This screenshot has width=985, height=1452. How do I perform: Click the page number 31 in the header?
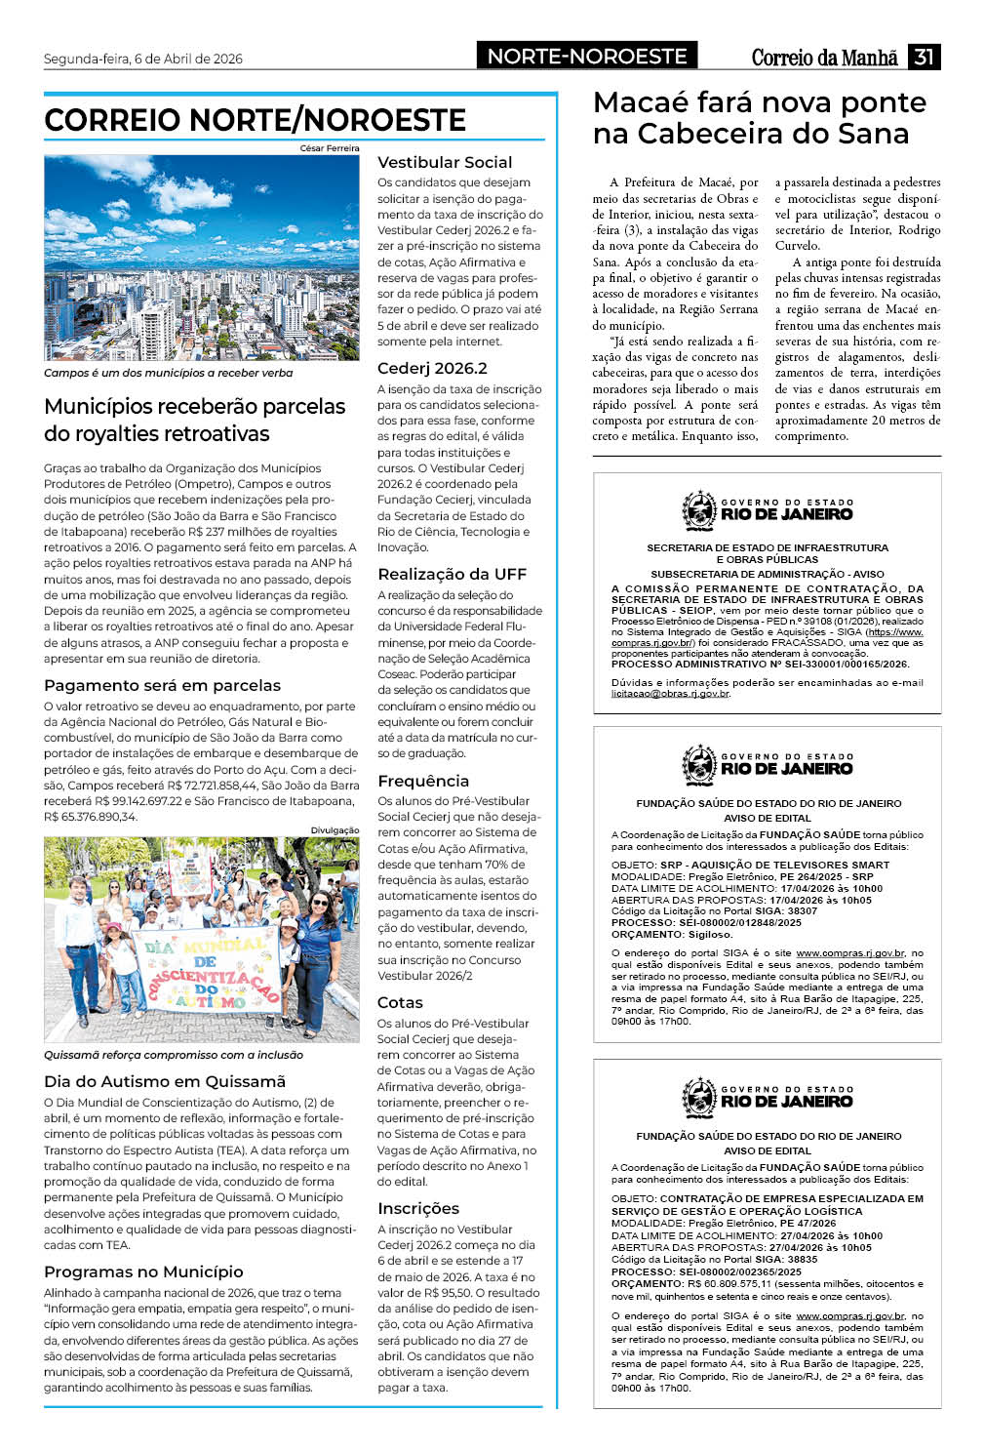[x=924, y=57]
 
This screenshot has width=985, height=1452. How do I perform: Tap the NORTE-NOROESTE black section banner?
[x=587, y=57]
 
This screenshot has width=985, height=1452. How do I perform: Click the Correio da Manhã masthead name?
[x=824, y=58]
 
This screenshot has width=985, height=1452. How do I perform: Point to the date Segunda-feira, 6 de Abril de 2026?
[x=143, y=59]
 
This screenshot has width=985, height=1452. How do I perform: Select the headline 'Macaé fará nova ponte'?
[x=760, y=102]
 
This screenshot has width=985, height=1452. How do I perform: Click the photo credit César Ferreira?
[x=330, y=148]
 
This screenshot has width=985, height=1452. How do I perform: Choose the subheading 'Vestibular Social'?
[x=445, y=163]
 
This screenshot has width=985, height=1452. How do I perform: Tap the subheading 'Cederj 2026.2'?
[x=432, y=369]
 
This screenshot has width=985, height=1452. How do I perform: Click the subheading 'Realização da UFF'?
[x=452, y=575]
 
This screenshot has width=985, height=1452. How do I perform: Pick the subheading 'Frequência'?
[x=423, y=782]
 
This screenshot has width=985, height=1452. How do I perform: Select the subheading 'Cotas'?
[x=400, y=1003]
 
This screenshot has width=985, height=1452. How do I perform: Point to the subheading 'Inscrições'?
[x=418, y=1209]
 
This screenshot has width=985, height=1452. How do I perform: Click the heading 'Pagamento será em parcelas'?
[x=162, y=686]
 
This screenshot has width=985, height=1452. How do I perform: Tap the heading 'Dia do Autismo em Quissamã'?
[x=165, y=1081]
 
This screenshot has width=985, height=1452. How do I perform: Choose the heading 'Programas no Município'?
[x=143, y=1272]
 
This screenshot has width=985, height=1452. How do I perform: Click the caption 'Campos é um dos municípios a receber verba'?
[x=168, y=373]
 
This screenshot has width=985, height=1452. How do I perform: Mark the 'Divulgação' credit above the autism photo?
[x=335, y=830]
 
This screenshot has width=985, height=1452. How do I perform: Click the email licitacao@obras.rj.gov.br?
[x=670, y=694]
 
